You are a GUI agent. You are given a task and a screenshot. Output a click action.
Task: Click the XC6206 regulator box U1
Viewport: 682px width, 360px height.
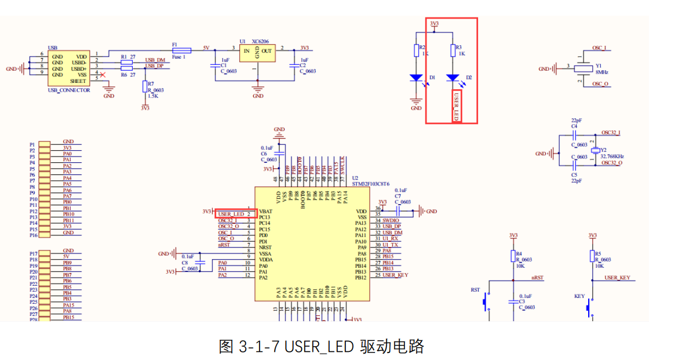pos(258,53)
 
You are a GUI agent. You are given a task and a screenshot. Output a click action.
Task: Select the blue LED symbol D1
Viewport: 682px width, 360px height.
pos(416,77)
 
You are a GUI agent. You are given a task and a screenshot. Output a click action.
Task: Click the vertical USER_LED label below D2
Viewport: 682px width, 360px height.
pos(457,106)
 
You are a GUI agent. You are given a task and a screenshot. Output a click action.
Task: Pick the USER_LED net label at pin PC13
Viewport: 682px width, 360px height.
pos(231,214)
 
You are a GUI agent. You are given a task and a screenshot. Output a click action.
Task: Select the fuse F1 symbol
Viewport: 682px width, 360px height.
pos(178,50)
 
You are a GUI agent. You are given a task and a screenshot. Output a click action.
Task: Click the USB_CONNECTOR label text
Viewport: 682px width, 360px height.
pos(69,90)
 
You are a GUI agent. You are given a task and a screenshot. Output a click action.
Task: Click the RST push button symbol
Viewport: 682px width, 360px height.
pos(487,303)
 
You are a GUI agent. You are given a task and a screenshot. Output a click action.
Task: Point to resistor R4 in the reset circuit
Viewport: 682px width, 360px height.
pos(513,257)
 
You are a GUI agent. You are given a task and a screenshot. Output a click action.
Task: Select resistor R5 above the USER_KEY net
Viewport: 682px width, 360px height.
pos(592,257)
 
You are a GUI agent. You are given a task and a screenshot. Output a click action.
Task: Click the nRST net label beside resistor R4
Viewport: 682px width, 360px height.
pos(537,278)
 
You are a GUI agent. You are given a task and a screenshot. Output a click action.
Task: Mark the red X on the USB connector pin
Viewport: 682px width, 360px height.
pos(103,75)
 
